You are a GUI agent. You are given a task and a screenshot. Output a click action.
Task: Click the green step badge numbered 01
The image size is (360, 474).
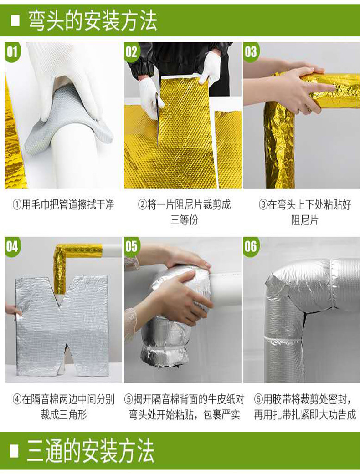pyautogui.click(x=12, y=52)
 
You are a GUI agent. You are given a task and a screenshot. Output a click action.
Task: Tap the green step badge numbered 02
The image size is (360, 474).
pyautogui.click(x=132, y=52)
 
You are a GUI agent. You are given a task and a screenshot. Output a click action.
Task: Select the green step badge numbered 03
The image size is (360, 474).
pyautogui.click(x=251, y=52)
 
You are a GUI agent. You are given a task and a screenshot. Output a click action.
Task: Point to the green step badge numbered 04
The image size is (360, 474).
pyautogui.click(x=12, y=246)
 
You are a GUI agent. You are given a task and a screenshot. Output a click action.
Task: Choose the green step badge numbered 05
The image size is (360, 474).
pyautogui.click(x=132, y=246)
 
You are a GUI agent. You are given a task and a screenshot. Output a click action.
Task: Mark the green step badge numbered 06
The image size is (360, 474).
pyautogui.click(x=251, y=246)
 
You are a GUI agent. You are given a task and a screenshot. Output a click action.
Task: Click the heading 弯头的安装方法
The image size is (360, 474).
pyautogui.click(x=93, y=21)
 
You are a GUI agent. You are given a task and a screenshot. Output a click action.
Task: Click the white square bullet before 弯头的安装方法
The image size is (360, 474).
pyautogui.click(x=15, y=21)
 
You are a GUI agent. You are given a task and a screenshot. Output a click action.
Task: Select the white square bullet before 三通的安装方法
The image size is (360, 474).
pyautogui.click(x=15, y=451)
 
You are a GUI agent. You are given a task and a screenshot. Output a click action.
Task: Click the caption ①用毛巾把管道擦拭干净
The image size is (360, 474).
pyautogui.click(x=63, y=204)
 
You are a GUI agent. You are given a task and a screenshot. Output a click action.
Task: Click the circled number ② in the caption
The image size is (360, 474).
pyautogui.click(x=142, y=204)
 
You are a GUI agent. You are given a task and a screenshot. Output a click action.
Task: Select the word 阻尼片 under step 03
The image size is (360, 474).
pyautogui.click(x=305, y=220)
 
